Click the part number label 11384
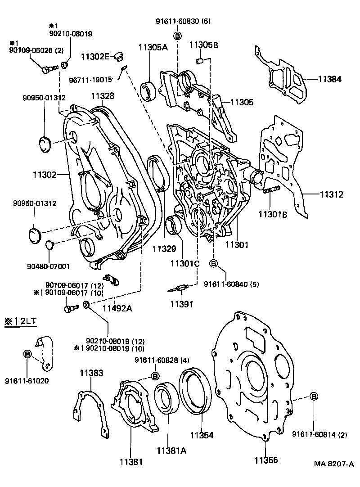330,79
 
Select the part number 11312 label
332,195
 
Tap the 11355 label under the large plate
265,460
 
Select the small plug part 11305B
201,60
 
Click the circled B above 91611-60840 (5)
213,263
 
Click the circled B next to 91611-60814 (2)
314,396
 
